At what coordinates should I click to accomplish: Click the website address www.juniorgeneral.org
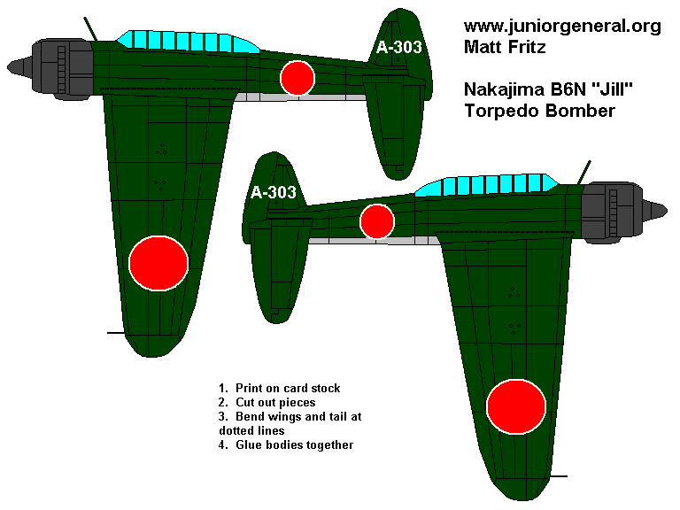pos(562,26)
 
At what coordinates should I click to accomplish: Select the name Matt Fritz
pos(506,47)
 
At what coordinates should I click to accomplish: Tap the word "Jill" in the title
pos(594,89)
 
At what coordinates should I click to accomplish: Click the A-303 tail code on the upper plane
pos(398,48)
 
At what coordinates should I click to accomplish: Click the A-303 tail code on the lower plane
pos(273,193)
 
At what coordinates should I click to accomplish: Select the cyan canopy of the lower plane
pos(487,186)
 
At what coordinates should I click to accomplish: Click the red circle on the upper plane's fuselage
pos(297,78)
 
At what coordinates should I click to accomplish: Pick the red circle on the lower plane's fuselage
pos(377,221)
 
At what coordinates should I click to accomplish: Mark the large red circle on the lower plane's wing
pos(516,407)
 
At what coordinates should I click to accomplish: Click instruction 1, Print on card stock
pos(280,389)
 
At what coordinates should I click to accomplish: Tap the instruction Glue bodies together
pos(287,444)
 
